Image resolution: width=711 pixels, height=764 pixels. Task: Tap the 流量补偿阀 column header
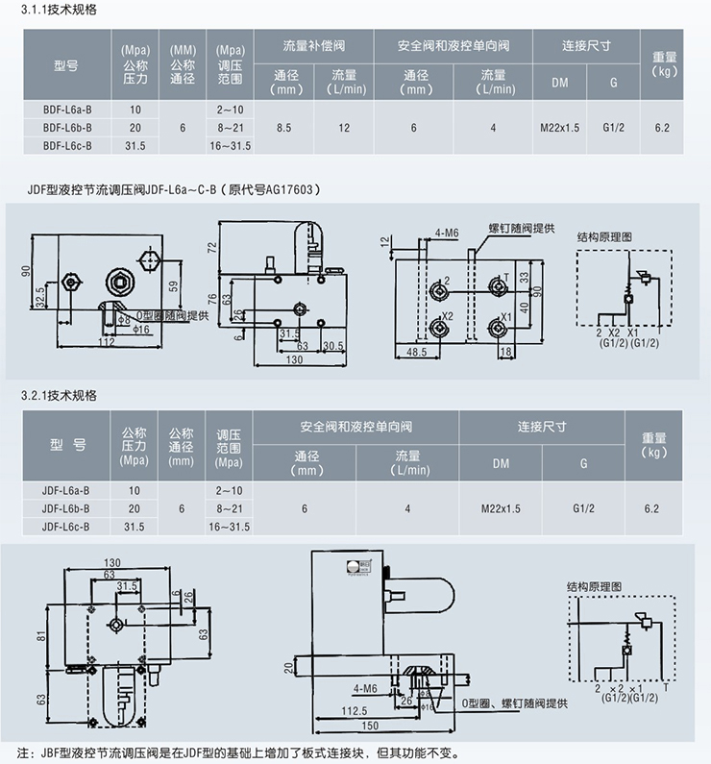click(x=312, y=46)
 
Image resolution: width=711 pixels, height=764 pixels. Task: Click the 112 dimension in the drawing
click(x=106, y=341)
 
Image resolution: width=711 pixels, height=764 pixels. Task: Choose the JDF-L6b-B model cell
click(x=66, y=508)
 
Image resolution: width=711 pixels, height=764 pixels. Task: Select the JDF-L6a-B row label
click(x=66, y=490)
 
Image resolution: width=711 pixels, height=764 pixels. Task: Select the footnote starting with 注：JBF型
click(x=240, y=752)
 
